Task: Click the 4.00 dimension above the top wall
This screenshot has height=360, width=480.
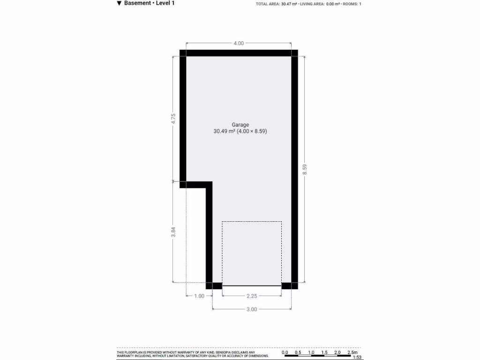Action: [239, 44]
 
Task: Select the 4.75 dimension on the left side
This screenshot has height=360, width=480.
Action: [173, 119]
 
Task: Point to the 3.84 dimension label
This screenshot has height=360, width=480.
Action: [173, 232]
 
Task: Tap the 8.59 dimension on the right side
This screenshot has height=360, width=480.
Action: [305, 169]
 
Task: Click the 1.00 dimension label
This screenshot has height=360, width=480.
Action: [199, 296]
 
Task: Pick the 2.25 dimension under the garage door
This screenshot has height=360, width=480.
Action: [252, 296]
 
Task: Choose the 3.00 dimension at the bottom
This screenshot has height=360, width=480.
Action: [252, 309]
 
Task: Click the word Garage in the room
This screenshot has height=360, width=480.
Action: [240, 125]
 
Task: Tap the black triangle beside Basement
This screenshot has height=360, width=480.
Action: [119, 3]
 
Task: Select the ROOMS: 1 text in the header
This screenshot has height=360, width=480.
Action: [352, 4]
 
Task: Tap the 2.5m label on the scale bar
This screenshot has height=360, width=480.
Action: [352, 352]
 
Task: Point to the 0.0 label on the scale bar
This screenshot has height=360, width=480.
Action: [285, 352]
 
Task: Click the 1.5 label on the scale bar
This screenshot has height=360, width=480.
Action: [324, 352]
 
